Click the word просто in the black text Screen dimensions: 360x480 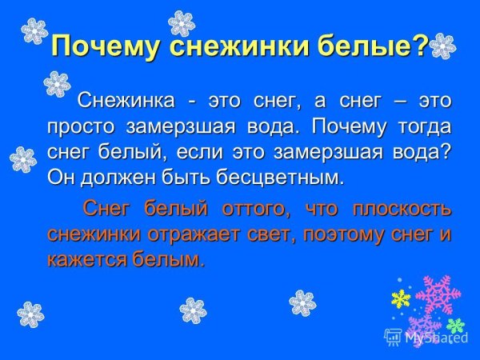point(79,126)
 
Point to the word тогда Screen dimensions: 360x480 point(418,126)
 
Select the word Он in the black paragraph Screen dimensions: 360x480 point(61,176)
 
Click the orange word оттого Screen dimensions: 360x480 point(255,210)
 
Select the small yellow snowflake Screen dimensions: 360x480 point(400,299)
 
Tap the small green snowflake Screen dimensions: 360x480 point(455,326)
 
